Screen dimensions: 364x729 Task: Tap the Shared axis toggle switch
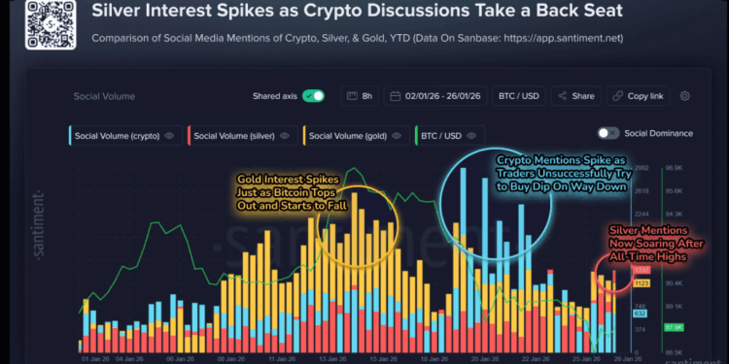click(313, 96)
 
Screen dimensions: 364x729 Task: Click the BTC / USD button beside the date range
click(519, 96)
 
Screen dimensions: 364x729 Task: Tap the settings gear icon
click(685, 96)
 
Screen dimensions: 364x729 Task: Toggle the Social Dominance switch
click(645, 133)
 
